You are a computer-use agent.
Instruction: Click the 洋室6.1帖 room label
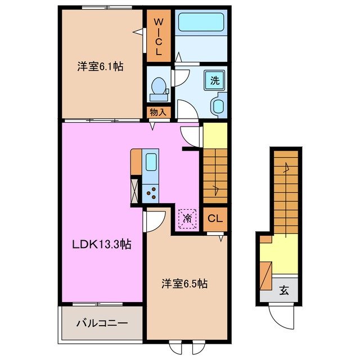100,66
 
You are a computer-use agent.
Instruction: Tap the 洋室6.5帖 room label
185,284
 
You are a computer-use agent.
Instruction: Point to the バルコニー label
102,323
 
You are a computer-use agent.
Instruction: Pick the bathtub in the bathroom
200,23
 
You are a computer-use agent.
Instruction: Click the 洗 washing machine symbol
214,80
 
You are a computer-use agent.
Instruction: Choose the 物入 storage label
158,112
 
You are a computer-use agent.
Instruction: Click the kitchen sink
151,163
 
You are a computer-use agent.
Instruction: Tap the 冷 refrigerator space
187,217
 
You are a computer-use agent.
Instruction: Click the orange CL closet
215,218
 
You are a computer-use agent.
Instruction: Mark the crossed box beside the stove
136,190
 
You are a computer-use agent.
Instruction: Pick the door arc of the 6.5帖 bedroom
154,220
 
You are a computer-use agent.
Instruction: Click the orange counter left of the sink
136,162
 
